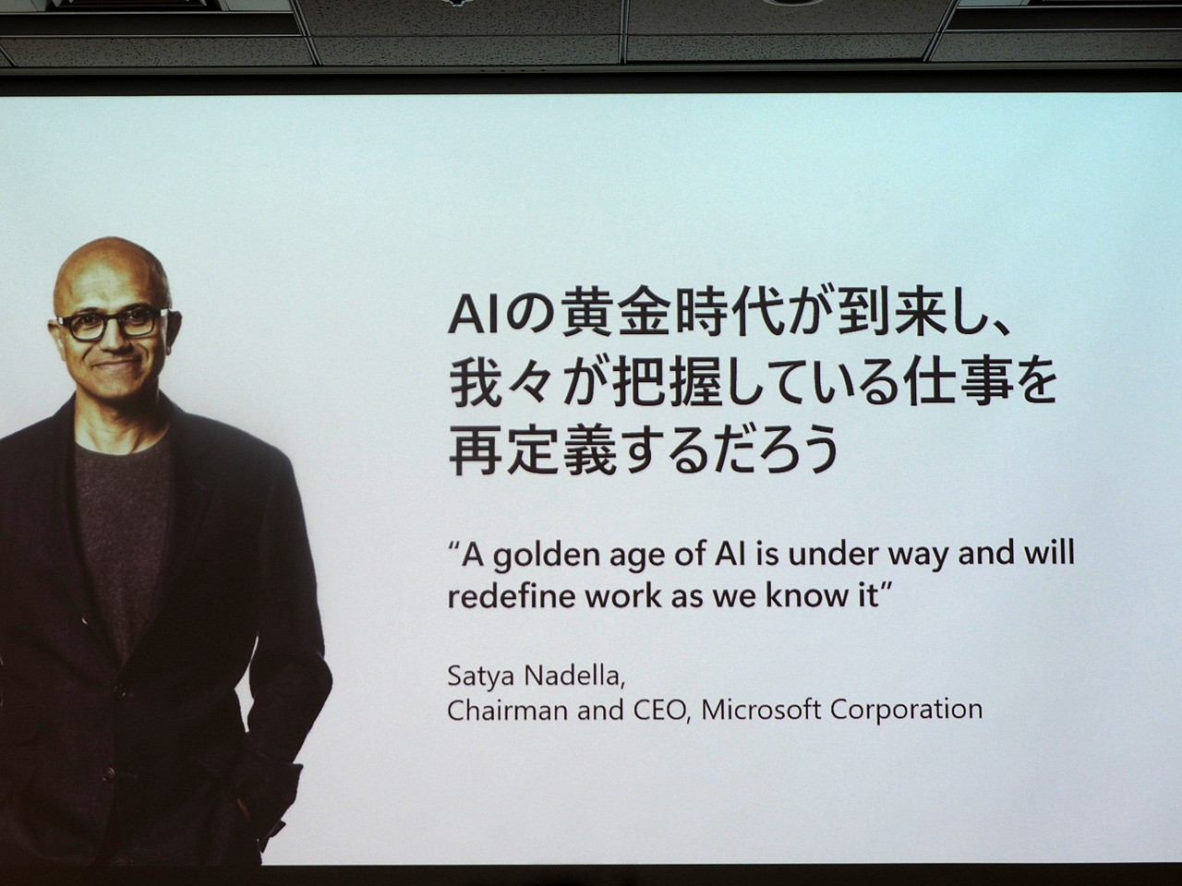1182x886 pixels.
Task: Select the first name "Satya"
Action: click(x=480, y=675)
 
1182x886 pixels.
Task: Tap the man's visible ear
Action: click(x=168, y=323)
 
